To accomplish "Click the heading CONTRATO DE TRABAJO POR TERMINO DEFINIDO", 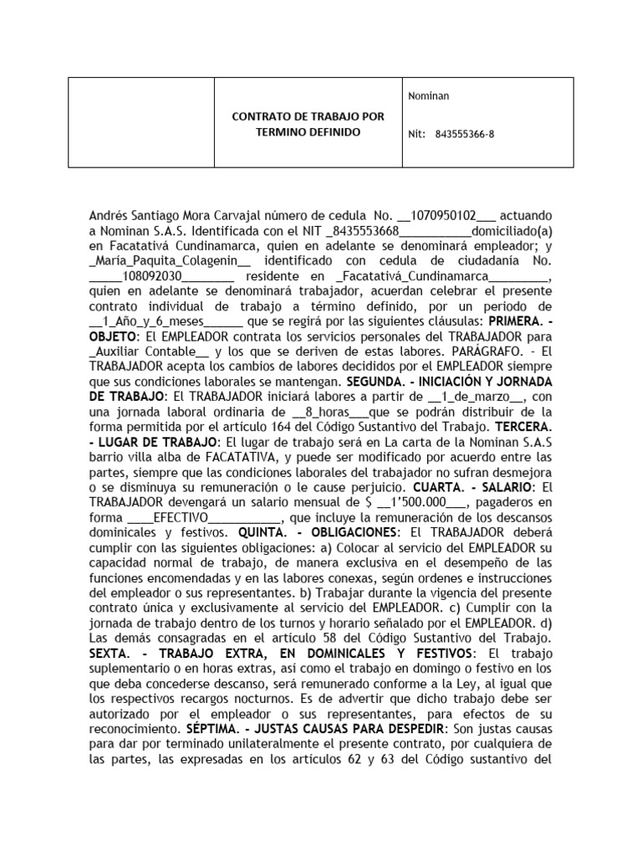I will pos(307,124).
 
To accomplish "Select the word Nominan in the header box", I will pos(428,96).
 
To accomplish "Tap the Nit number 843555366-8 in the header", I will pos(465,133).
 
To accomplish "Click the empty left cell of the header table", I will pos(140,123).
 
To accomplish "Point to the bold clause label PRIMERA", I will pos(518,323).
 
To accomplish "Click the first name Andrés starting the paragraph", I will pos(109,216).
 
